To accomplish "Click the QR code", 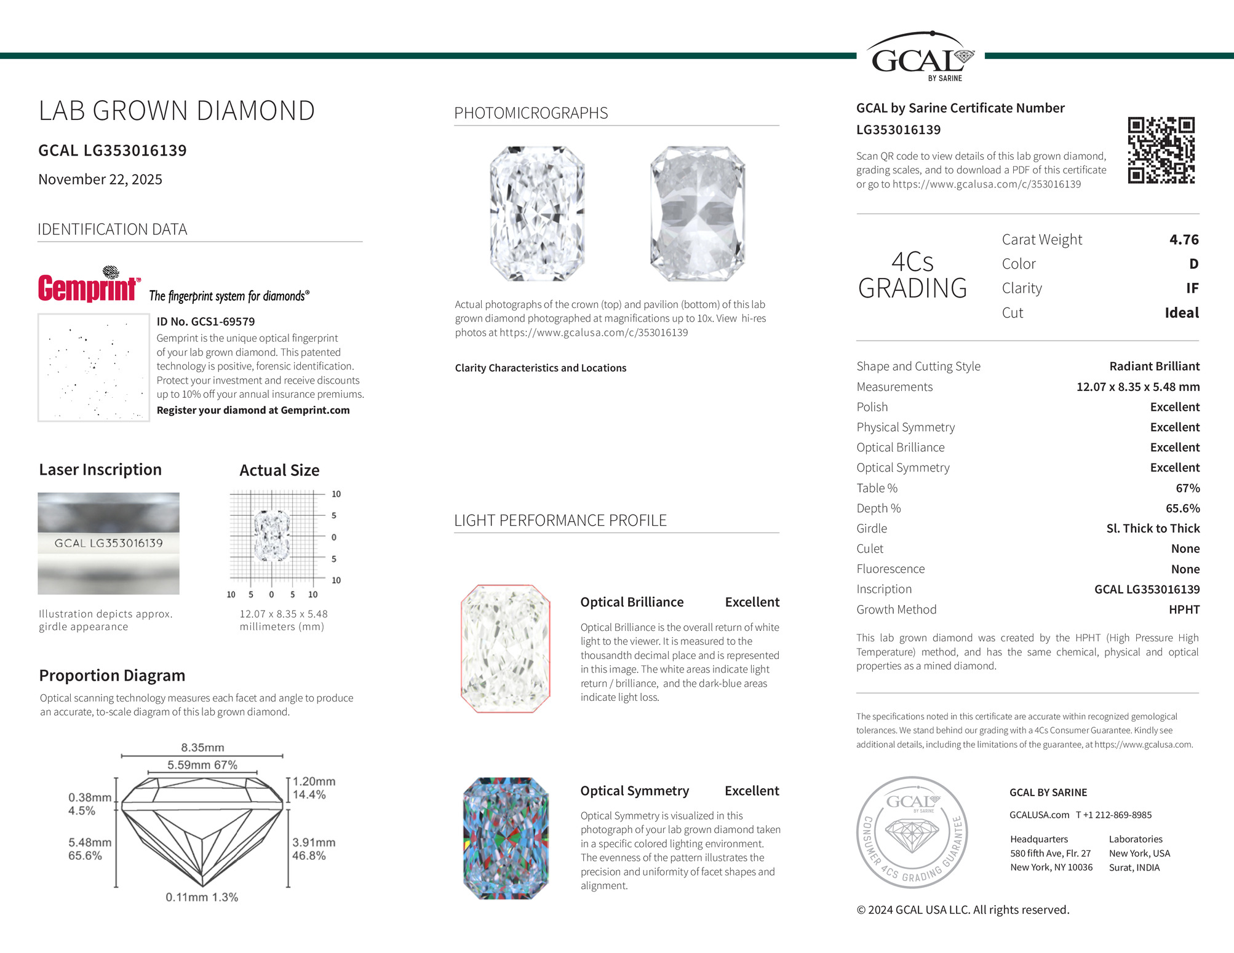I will click(x=1161, y=151).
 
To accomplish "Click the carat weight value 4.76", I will click(x=1184, y=239).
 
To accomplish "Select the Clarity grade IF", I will click(x=1192, y=288).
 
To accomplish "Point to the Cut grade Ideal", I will click(x=1181, y=312).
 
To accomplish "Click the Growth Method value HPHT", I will click(x=1184, y=609).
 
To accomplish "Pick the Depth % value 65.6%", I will click(x=1182, y=508).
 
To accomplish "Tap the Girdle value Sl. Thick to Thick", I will click(x=1152, y=528).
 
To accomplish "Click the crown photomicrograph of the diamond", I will click(x=537, y=213).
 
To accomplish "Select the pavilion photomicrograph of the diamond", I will click(x=698, y=213).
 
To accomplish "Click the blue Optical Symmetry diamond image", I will click(x=505, y=838).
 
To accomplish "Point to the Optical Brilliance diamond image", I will click(x=505, y=649).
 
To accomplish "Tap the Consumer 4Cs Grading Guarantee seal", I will click(x=912, y=832).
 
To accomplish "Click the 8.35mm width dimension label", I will click(x=202, y=748).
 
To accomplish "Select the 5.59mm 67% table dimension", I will click(x=202, y=765).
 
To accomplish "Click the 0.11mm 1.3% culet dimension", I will click(x=202, y=897).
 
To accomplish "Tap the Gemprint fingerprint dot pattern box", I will click(x=94, y=368).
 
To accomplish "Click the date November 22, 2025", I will click(x=100, y=180).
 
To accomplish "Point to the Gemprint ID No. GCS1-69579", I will click(x=205, y=322).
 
